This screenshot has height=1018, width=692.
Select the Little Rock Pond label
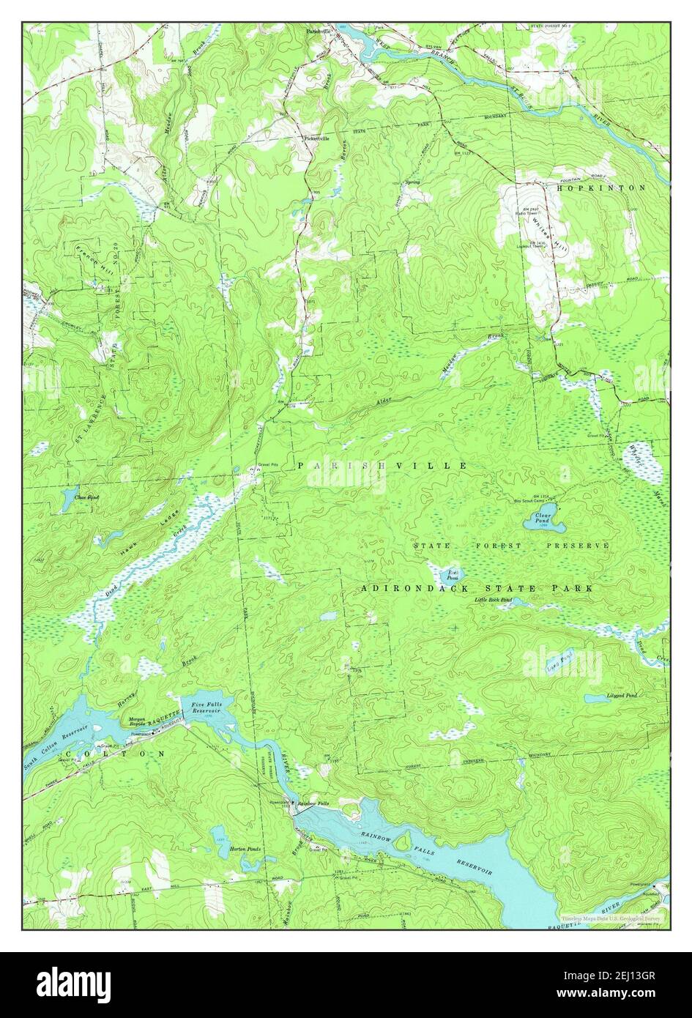493,600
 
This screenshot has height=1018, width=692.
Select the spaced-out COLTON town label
116,753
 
